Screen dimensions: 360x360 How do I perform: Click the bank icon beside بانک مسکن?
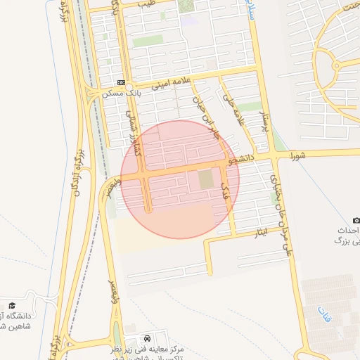(x=122, y=82)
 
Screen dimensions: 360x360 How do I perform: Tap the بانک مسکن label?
(x=116, y=93)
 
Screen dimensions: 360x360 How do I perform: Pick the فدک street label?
(x=225, y=188)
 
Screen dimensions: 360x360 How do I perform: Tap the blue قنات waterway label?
(x=323, y=309)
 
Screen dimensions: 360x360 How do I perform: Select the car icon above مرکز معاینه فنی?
(x=146, y=337)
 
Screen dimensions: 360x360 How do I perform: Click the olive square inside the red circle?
(x=205, y=179)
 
